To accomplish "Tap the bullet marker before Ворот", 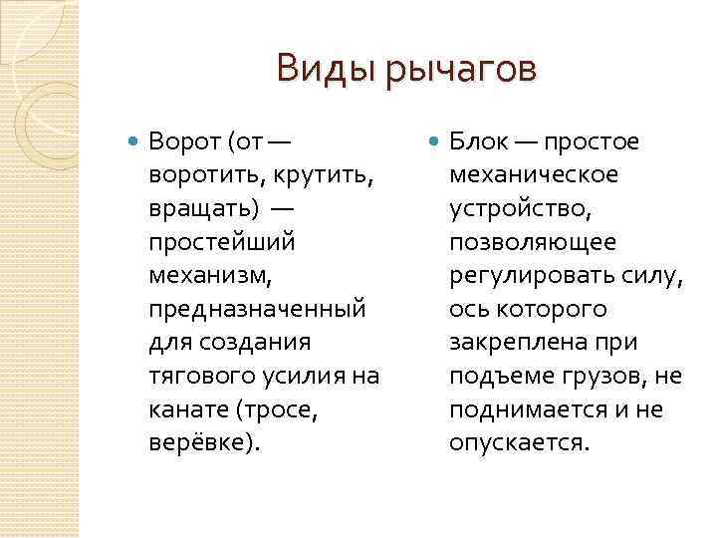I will tap(135, 141).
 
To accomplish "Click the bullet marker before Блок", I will tap(436, 141).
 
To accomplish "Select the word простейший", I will tap(221, 242).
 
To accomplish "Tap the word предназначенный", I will tap(256, 309).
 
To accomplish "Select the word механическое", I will tap(533, 175).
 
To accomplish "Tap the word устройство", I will tap(520, 208).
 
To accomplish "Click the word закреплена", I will tap(515, 342).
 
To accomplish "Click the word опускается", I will tap(519, 442).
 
